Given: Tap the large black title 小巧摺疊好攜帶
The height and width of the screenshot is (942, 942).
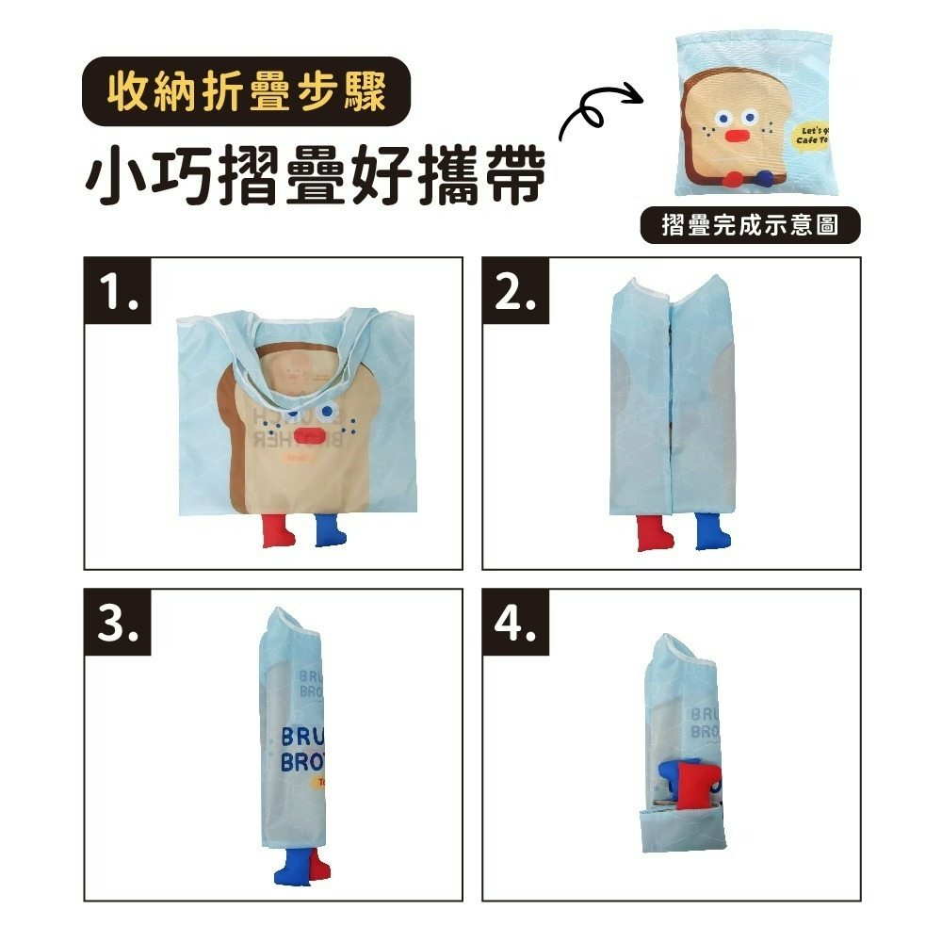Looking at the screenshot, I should pyautogui.click(x=316, y=175).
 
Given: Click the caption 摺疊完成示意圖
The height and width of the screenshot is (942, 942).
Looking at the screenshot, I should pyautogui.click(x=750, y=226).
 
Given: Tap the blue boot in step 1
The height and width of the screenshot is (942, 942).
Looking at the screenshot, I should pyautogui.click(x=327, y=533).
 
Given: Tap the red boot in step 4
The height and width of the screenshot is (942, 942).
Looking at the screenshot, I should pyautogui.click(x=698, y=784).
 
